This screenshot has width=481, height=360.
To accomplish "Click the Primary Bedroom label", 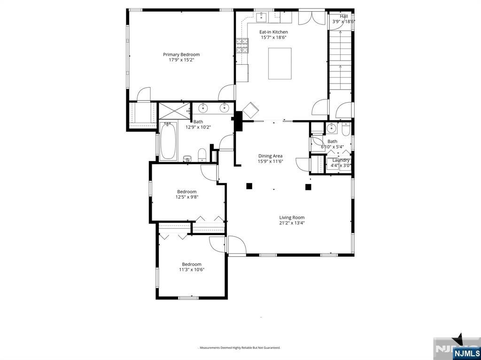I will [x=181, y=54].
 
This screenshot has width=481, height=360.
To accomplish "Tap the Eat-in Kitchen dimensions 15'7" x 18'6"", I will [x=273, y=38].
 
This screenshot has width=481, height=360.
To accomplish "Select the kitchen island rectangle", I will [x=279, y=63].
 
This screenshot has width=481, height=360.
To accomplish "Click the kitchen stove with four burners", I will [x=242, y=46].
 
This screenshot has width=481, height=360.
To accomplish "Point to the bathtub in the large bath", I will [x=168, y=141].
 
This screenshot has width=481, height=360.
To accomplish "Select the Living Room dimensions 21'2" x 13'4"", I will [x=292, y=223].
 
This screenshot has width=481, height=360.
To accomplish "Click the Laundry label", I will [x=341, y=160].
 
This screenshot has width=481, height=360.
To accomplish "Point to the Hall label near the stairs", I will [x=344, y=16].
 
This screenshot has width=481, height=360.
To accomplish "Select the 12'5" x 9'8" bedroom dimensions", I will [x=186, y=197].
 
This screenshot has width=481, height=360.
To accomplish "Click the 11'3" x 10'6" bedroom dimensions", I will [x=191, y=269].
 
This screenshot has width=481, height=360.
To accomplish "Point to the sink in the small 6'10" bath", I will [x=332, y=128].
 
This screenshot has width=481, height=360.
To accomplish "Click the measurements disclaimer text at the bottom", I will [x=240, y=348].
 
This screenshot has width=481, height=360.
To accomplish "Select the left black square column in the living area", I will [x=249, y=186].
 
